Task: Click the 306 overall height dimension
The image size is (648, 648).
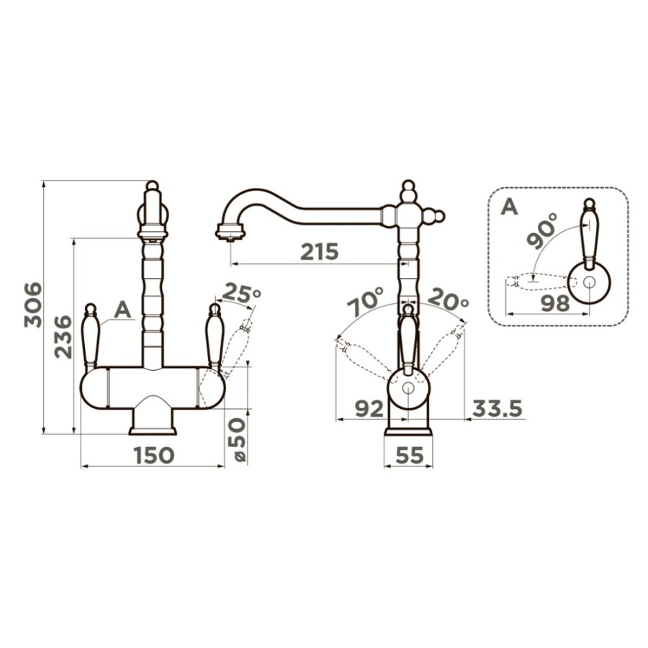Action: [x=33, y=305]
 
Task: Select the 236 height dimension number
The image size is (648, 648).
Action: [x=63, y=337]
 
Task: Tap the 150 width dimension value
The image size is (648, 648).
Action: [x=154, y=455]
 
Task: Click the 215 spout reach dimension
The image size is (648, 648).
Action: [x=320, y=251]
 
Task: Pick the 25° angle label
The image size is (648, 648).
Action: [x=242, y=294]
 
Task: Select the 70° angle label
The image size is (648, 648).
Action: [x=366, y=302]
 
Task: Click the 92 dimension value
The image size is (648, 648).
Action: [x=369, y=409]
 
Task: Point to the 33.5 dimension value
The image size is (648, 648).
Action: [x=497, y=409]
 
